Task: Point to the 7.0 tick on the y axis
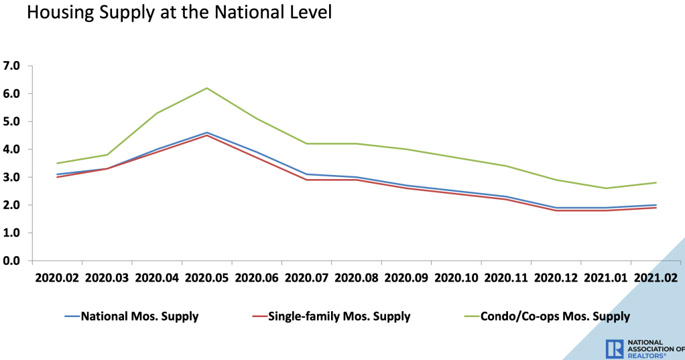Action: (12, 66)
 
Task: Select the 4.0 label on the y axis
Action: (12, 149)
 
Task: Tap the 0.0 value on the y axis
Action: (12, 261)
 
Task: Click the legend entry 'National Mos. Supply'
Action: (139, 316)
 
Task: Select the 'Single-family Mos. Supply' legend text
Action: (338, 316)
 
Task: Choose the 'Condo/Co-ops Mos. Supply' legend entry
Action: (555, 316)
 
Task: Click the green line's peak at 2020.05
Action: (207, 88)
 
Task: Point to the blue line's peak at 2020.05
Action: (207, 133)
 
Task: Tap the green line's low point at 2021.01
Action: (606, 188)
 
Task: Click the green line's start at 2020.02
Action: (57, 163)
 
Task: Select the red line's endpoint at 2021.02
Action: (656, 208)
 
